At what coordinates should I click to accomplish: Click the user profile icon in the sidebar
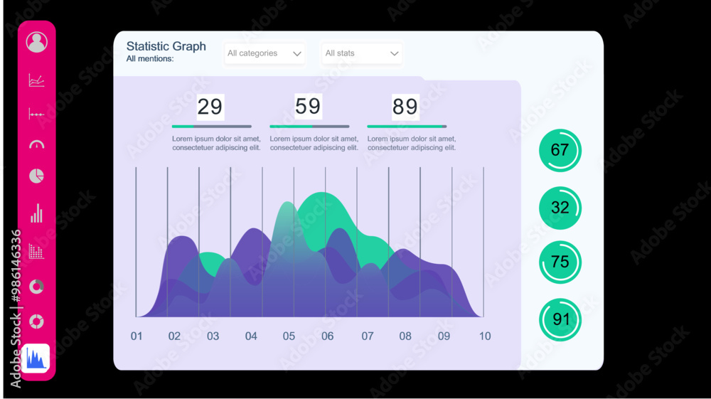coord(36,42)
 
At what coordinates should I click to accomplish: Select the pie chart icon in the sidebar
coord(36,176)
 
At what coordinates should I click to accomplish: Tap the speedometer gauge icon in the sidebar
coord(36,145)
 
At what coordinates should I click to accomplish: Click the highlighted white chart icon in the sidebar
coord(36,358)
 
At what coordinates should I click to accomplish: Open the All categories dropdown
coord(264,53)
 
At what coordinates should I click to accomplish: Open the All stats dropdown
coord(361,53)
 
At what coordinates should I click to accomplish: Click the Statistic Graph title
coord(166,46)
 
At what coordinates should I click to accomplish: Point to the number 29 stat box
coord(210,107)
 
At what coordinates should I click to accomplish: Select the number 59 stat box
coord(308,106)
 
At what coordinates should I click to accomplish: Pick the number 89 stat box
coord(405,107)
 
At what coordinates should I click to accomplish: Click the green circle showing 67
coord(560,150)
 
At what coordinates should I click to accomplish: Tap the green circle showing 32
coord(560,208)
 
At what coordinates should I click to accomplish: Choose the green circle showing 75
coord(560,262)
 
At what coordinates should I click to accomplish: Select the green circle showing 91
coord(560,319)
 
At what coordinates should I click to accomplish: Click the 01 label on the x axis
coord(137,336)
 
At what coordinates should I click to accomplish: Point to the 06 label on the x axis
coord(327,336)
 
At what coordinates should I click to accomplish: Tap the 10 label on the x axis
coord(484,336)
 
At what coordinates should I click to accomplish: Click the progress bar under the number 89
coord(407,127)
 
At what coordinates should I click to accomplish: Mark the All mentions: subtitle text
coord(150,59)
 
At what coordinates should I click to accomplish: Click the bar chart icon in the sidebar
coord(36,213)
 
